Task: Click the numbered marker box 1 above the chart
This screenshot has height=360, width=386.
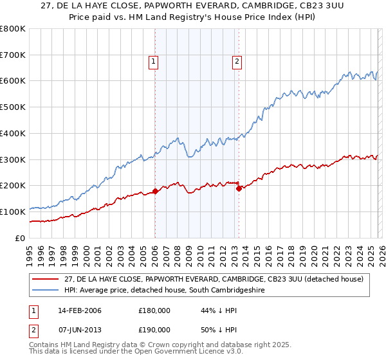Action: (154, 62)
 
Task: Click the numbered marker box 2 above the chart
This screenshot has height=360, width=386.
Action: (237, 62)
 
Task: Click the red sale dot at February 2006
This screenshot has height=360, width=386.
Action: (155, 191)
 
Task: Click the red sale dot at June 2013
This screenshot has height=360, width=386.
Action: (239, 188)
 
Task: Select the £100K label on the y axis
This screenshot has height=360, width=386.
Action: (13, 212)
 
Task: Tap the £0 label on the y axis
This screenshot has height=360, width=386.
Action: (19, 238)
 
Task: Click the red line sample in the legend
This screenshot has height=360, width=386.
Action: (46, 279)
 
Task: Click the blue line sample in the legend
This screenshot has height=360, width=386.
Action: (46, 291)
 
